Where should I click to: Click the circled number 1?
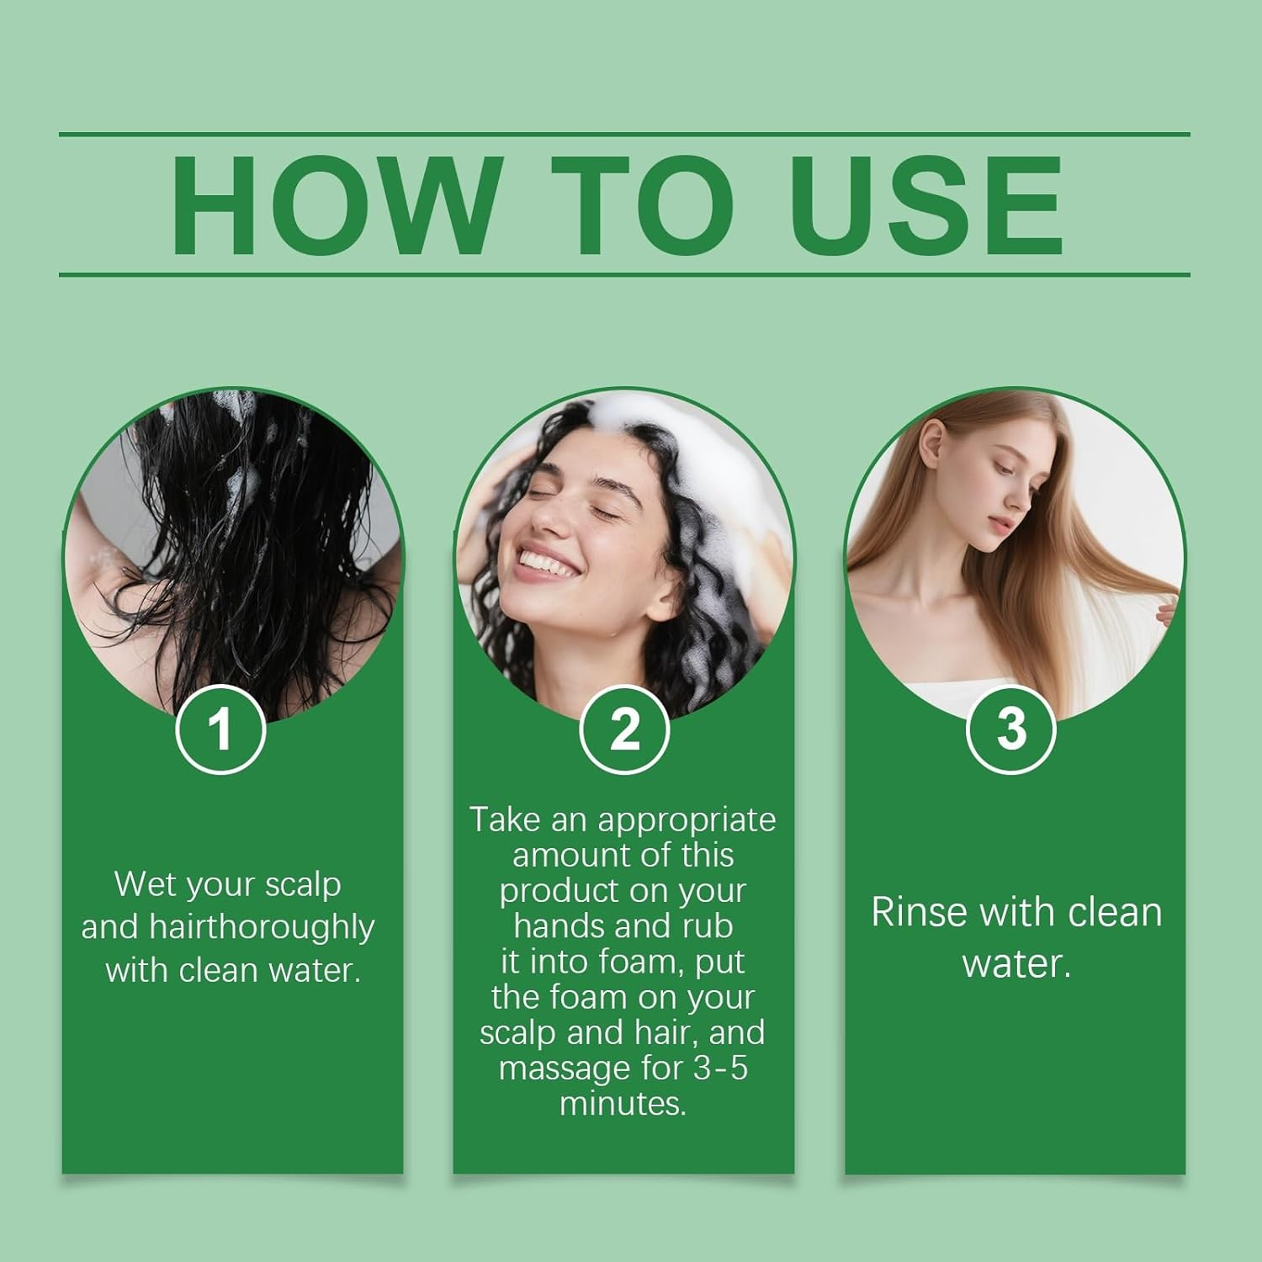point(220,729)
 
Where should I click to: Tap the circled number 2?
point(624,729)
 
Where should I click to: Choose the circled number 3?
point(1011,729)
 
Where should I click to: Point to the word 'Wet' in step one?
point(143,884)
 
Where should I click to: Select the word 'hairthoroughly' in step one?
point(262,927)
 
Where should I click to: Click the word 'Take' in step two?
point(505,819)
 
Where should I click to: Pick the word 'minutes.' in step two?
point(623,1103)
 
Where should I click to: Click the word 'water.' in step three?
point(1016,963)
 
